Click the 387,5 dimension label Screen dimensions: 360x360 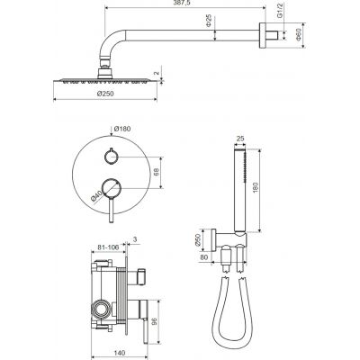click(184, 3)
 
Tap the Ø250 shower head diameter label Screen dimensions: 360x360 click(105, 94)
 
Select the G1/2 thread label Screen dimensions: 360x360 click(279, 11)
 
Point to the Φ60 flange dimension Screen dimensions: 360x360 click(298, 34)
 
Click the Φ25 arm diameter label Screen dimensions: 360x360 click(209, 21)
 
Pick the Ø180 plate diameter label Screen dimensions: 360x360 click(122, 129)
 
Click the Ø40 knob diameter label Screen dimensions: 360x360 click(96, 196)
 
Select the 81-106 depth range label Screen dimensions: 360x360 click(108, 247)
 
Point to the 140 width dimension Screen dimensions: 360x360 click(120, 353)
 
